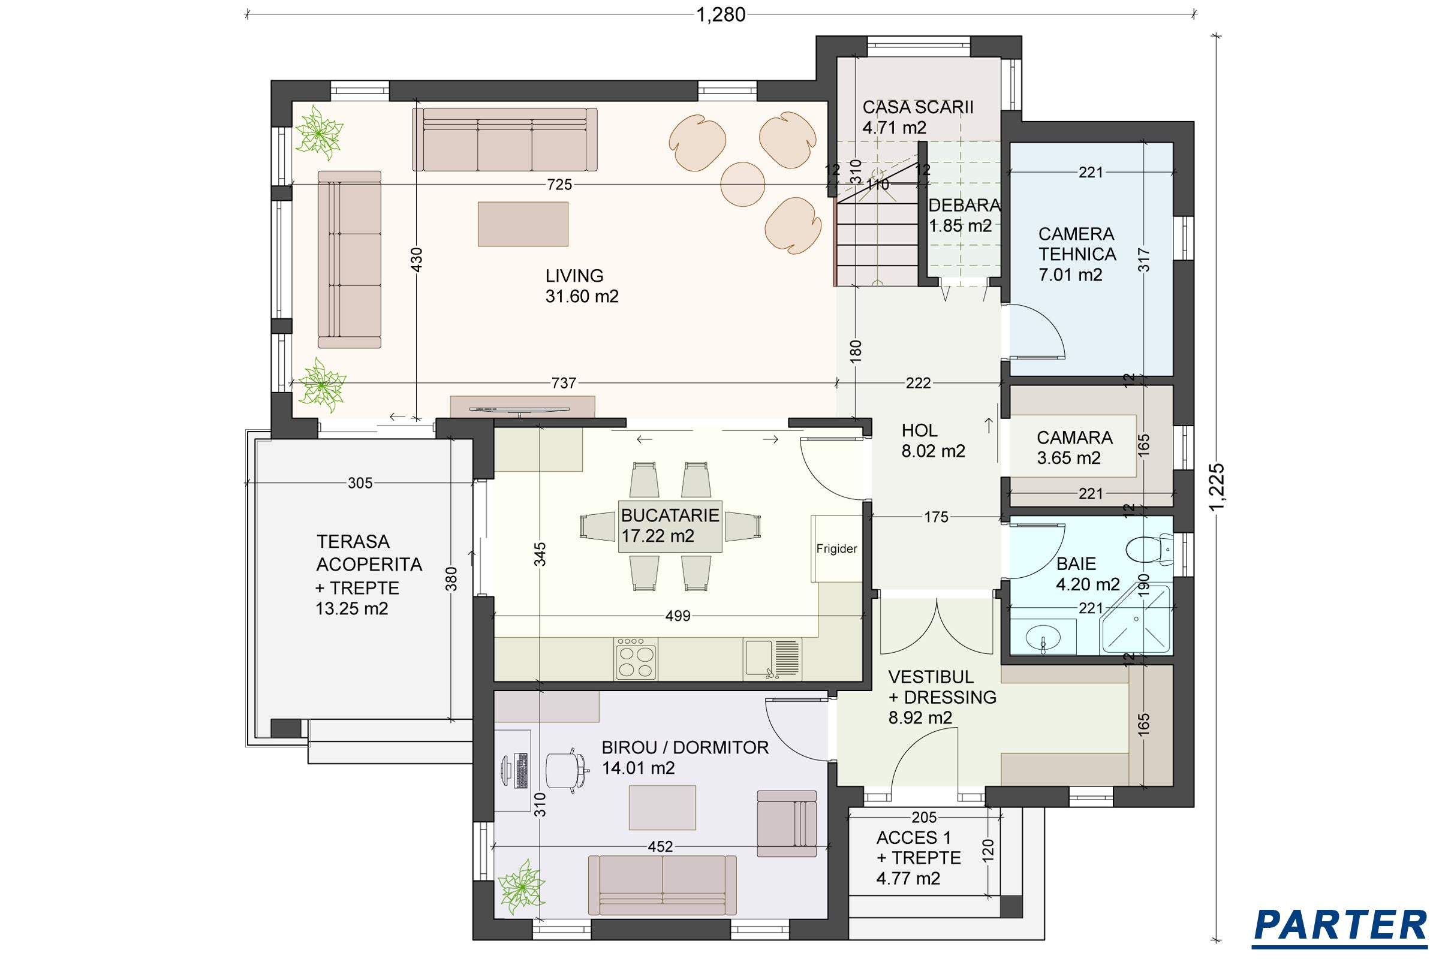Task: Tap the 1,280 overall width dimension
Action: point(721,14)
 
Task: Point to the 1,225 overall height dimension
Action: point(1217,486)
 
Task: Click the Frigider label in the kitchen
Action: point(836,548)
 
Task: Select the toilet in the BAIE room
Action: point(1149,548)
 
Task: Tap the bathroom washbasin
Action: point(1043,637)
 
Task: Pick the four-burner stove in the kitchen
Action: point(636,659)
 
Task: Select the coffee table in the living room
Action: point(523,224)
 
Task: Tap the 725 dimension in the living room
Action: point(559,185)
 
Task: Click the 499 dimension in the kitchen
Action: point(678,616)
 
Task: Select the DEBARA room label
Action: point(964,205)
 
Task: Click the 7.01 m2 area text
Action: point(1070,275)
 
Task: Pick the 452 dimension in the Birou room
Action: point(660,846)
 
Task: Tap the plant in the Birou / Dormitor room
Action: point(520,888)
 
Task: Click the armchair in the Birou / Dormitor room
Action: point(787,823)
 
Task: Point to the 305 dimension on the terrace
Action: point(360,483)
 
